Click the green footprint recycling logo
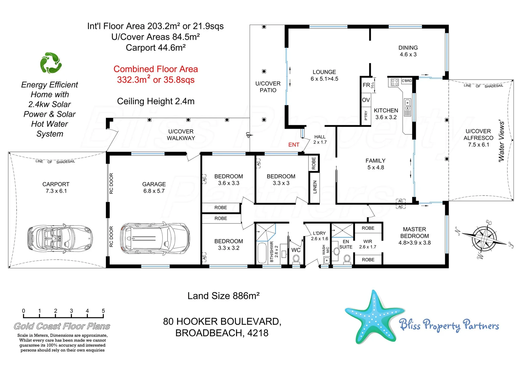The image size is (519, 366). [51, 63]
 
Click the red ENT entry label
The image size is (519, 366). [294, 145]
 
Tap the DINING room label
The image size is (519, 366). [408, 48]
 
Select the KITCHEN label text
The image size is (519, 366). [386, 110]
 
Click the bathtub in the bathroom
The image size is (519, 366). [262, 253]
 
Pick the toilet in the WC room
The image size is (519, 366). [296, 259]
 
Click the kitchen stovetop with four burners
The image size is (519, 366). [394, 82]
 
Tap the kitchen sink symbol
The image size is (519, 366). [407, 103]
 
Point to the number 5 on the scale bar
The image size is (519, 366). [103, 311]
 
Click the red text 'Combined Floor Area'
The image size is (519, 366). [156, 69]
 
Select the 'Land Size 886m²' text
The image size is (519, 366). [223, 296]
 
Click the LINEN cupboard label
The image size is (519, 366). [315, 187]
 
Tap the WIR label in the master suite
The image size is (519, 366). [368, 242]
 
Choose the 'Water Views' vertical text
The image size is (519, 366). [501, 141]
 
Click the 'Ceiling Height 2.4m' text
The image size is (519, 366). [156, 101]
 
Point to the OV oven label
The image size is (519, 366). [366, 100]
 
